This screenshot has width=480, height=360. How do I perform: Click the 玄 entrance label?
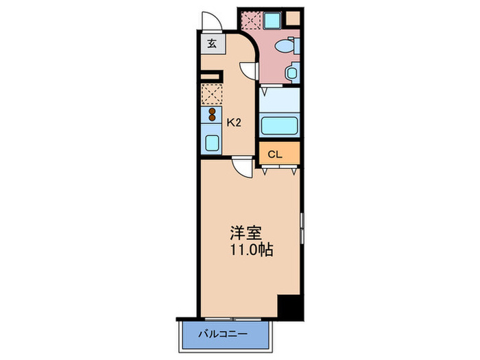coord(212,44)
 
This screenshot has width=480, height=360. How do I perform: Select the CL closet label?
coord(274,154)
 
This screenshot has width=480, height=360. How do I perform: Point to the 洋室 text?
coord(246,232)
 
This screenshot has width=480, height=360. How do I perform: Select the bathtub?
coord(279,126)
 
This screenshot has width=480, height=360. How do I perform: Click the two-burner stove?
coord(212,115)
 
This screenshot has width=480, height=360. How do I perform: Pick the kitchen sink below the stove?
coord(212,142)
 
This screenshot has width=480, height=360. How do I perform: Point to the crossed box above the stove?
coord(212,93)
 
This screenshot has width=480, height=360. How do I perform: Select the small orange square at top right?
coord(293,16)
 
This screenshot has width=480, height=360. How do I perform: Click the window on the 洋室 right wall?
coord(301,230)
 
